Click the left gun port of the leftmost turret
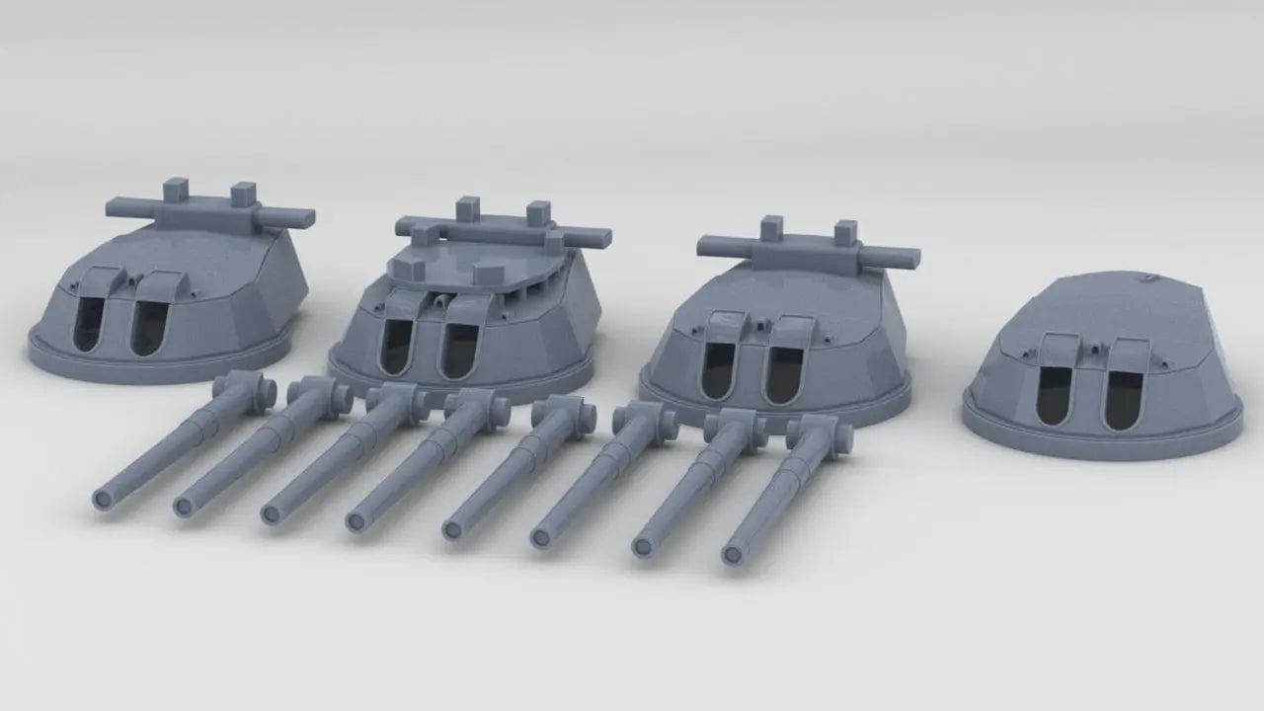[x=88, y=324]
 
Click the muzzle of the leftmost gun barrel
[x=101, y=501]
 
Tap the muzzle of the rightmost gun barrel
[x=731, y=556]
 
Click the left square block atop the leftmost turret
[x=176, y=190]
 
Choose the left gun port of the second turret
[x=396, y=347]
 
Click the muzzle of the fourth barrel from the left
[x=355, y=521]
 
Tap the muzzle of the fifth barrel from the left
[x=452, y=531]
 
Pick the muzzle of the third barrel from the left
[x=271, y=514]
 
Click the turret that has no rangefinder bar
[x=1101, y=375]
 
